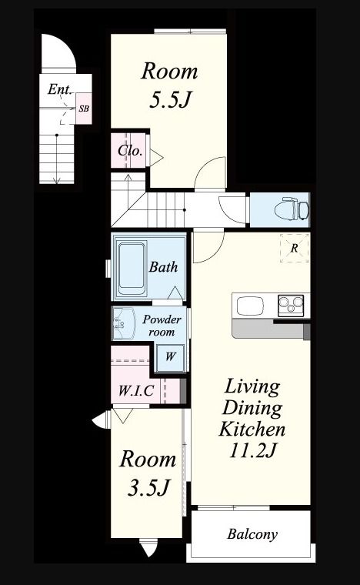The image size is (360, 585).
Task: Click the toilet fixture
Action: point(292,209)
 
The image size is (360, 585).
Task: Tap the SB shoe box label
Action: point(84,109)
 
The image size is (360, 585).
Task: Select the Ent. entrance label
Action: point(60,89)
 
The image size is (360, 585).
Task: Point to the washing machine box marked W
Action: point(170,357)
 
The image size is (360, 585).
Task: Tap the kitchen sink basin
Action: point(250,306)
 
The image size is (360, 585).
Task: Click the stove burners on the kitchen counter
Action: point(291,305)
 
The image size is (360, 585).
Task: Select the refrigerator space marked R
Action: point(295,248)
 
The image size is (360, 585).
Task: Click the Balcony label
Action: point(252,534)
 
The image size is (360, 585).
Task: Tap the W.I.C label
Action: point(136,390)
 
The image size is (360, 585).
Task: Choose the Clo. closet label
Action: point(130,151)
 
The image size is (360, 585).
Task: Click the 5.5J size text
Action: point(170,100)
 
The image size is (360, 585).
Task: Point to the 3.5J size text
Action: point(148,487)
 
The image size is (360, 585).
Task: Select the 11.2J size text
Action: point(252,450)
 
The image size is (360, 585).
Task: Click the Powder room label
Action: point(162,326)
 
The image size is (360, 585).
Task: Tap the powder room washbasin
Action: point(123,324)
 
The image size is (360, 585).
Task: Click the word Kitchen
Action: point(252,429)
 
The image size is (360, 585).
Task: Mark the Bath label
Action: point(163,267)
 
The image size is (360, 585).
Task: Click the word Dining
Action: point(252,408)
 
